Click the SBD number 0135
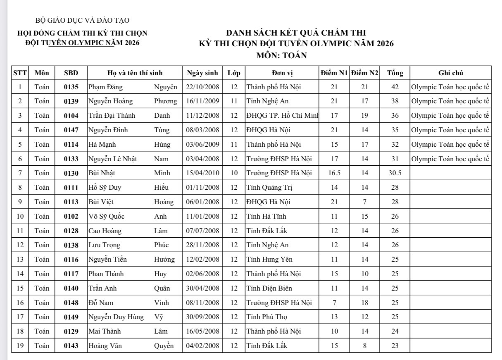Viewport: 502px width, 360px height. tap(71, 87)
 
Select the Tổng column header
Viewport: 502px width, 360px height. tap(395, 73)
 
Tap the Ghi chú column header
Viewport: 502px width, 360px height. tap(450, 73)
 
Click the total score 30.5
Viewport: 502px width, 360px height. tap(395, 173)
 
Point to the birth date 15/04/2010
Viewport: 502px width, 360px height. tap(202, 173)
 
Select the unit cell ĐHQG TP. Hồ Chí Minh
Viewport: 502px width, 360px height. tap(282, 116)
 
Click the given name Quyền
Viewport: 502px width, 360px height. tap(164, 346)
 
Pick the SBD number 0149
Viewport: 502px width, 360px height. tap(71, 317)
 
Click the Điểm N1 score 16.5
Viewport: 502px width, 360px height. tap(334, 173)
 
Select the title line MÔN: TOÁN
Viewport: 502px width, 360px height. tap(281, 55)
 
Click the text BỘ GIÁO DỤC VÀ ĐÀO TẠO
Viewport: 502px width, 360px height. tap(83, 20)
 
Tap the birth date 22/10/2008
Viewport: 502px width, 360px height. tap(202, 87)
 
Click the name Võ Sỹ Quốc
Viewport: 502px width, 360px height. tap(106, 216)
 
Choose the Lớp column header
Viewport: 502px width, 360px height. tap(234, 73)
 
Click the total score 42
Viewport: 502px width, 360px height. tap(395, 87)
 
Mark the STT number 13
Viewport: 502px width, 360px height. tap(20, 260)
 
